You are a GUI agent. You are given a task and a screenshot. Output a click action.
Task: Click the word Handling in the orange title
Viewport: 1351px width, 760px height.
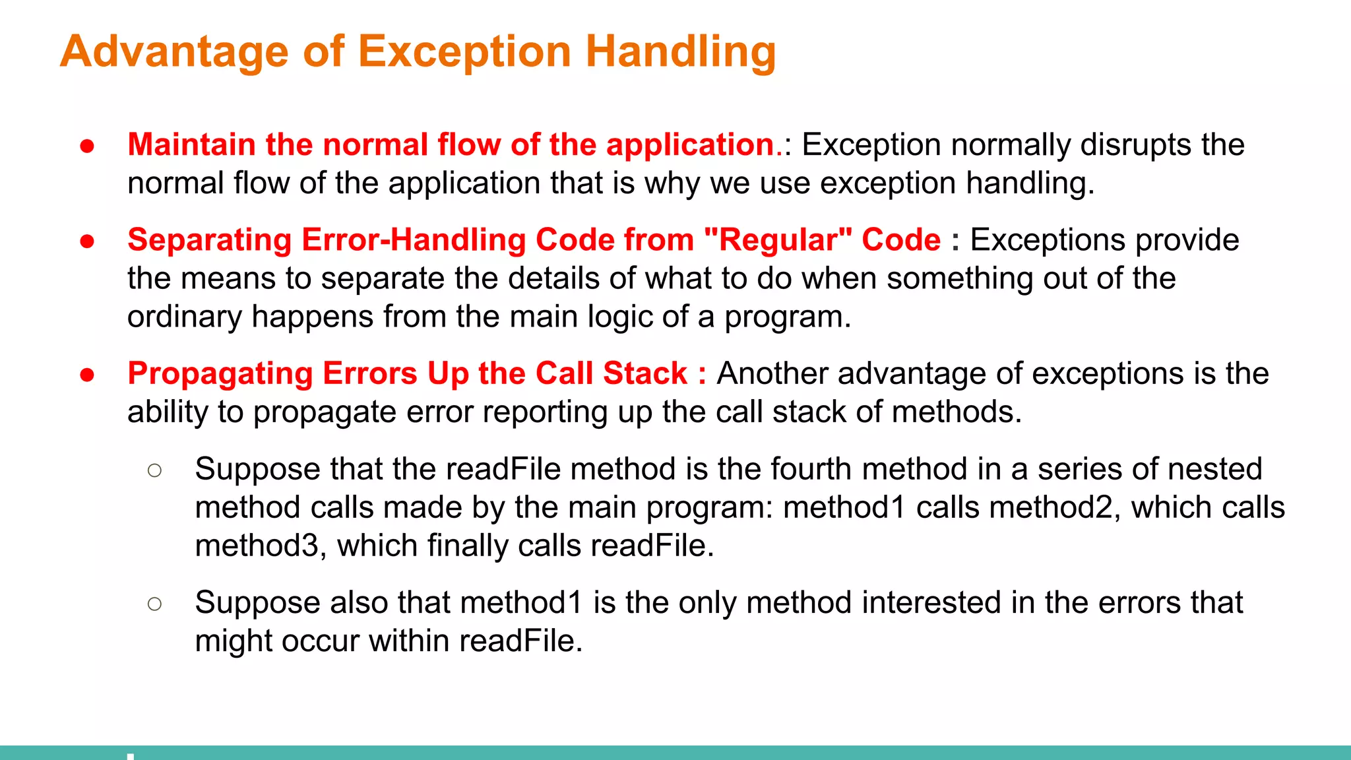pos(681,53)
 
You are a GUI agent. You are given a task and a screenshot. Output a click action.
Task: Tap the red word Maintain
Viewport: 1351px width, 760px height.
pos(191,144)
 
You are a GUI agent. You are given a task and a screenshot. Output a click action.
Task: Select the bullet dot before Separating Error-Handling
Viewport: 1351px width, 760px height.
pos(87,241)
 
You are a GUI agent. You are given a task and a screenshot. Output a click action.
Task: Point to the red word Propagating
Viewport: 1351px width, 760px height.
pos(220,374)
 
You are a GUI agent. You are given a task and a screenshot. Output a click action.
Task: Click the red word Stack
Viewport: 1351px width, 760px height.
pos(645,373)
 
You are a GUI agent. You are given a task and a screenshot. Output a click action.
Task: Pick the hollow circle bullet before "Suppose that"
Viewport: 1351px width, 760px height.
pos(155,470)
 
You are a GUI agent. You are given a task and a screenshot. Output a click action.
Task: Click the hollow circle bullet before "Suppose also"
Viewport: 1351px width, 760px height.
pos(155,604)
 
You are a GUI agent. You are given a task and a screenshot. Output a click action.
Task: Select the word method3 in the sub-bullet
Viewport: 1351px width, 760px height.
pos(257,546)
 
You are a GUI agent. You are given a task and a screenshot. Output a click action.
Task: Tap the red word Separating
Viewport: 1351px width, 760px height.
pos(209,240)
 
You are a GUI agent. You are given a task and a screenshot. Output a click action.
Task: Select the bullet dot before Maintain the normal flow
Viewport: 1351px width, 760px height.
pos(87,146)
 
